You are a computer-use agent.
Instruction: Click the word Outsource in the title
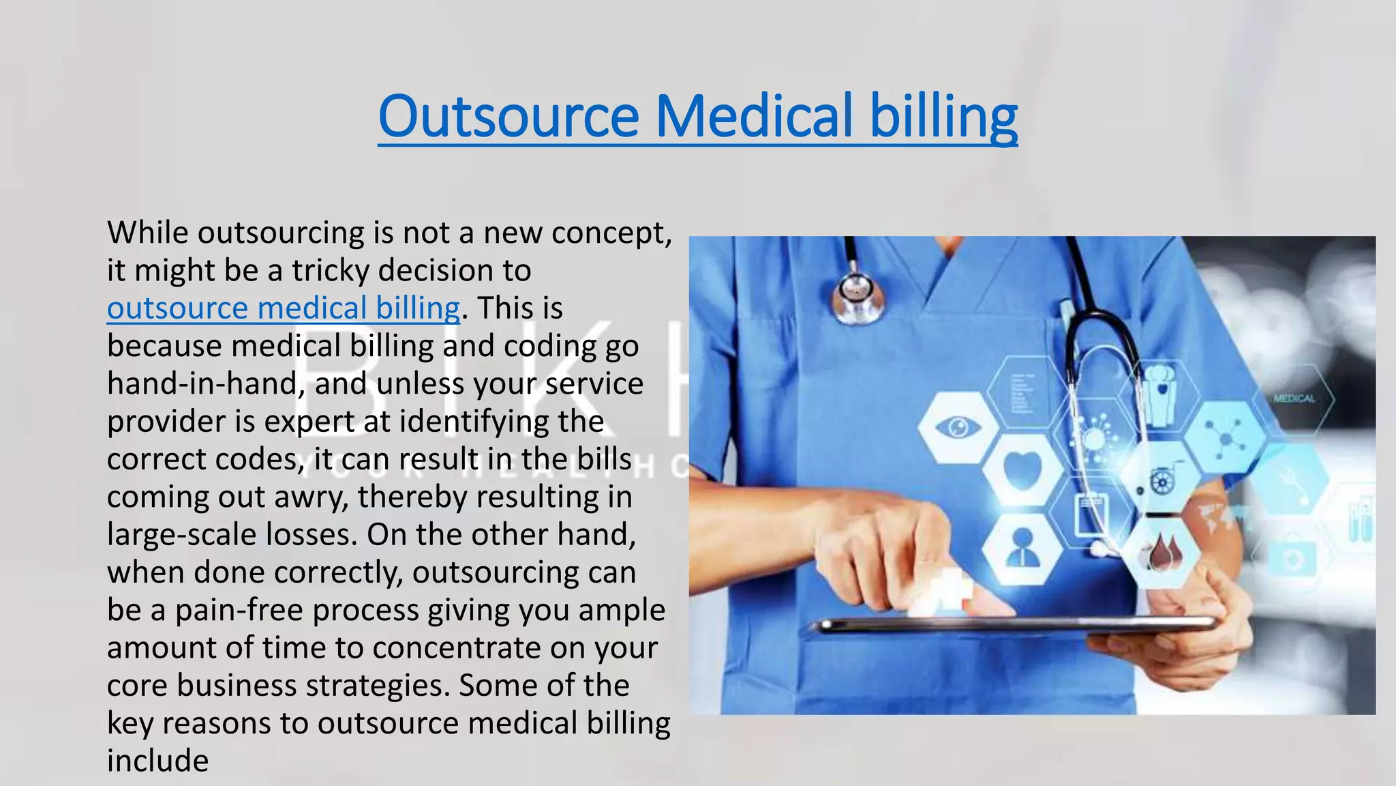(x=509, y=116)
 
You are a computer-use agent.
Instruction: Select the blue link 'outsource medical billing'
(x=284, y=308)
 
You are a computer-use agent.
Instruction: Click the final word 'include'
(x=157, y=761)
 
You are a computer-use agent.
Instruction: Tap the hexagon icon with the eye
(x=958, y=428)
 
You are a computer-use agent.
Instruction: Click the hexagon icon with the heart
(x=1022, y=470)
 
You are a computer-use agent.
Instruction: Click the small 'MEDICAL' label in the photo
(x=1294, y=398)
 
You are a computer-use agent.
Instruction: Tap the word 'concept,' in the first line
(x=611, y=233)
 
